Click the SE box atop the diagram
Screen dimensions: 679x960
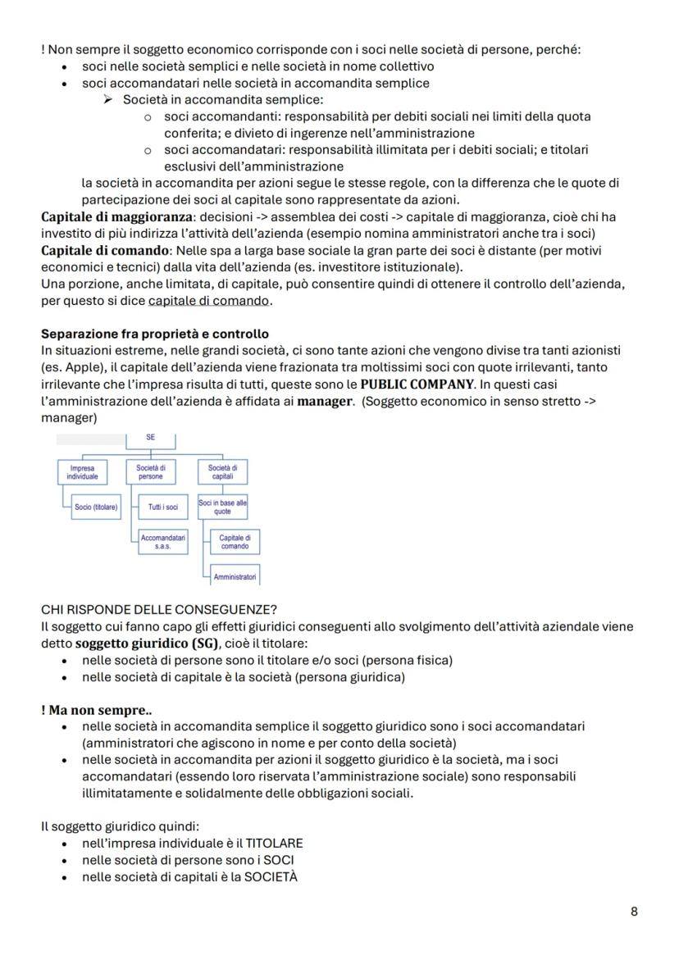click(x=151, y=438)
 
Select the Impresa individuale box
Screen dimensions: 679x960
click(x=82, y=472)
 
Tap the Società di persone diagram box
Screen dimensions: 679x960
click(x=151, y=472)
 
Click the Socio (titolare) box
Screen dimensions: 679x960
click(x=95, y=507)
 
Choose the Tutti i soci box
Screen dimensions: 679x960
click(x=162, y=507)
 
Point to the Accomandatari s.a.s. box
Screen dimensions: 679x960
click(x=162, y=542)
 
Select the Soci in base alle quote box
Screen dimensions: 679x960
click(x=217, y=507)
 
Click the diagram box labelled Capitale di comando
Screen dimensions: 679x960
click(x=235, y=542)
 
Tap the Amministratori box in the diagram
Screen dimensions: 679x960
click(x=235, y=577)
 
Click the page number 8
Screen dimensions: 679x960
click(x=634, y=911)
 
